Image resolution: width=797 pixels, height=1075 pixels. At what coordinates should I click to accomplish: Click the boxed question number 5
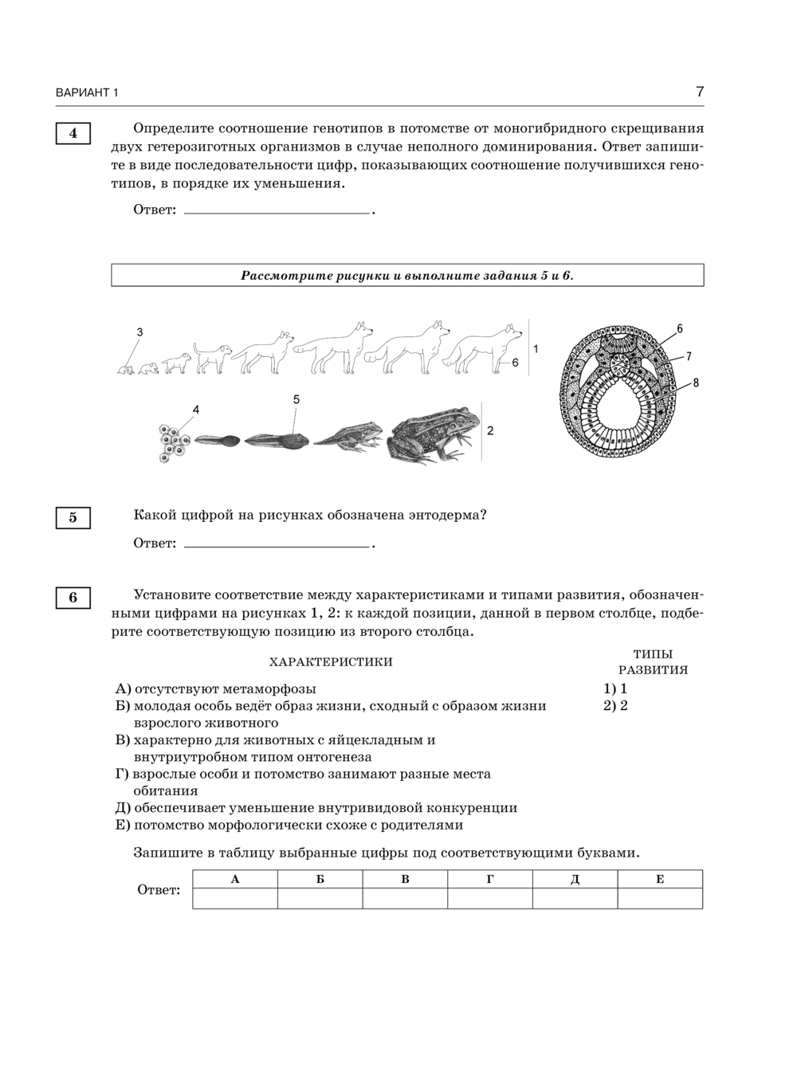73,518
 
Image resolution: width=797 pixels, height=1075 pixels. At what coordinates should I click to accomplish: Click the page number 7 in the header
699,92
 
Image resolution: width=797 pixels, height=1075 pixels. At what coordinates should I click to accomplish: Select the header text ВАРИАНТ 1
87,93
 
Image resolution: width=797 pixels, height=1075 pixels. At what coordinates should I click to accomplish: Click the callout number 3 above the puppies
139,332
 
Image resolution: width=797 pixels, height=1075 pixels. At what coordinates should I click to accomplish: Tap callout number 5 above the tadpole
296,399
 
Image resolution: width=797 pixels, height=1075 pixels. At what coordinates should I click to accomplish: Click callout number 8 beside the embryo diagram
695,383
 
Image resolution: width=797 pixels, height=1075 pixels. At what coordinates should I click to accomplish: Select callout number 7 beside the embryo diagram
689,356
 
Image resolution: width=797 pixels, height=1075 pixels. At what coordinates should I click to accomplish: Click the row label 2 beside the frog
490,430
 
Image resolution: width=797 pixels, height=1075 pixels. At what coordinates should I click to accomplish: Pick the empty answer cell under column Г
490,898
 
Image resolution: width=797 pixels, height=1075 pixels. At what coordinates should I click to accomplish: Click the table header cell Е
660,879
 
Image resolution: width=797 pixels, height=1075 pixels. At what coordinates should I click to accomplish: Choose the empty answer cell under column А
235,898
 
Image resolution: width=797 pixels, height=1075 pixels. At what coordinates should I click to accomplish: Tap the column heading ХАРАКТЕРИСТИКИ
331,662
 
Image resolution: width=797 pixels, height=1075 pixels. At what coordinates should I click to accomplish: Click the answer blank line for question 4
277,211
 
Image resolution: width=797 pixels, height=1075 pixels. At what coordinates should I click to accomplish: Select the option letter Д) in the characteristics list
123,808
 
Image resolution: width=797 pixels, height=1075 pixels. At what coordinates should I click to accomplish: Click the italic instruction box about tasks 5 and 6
407,276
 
